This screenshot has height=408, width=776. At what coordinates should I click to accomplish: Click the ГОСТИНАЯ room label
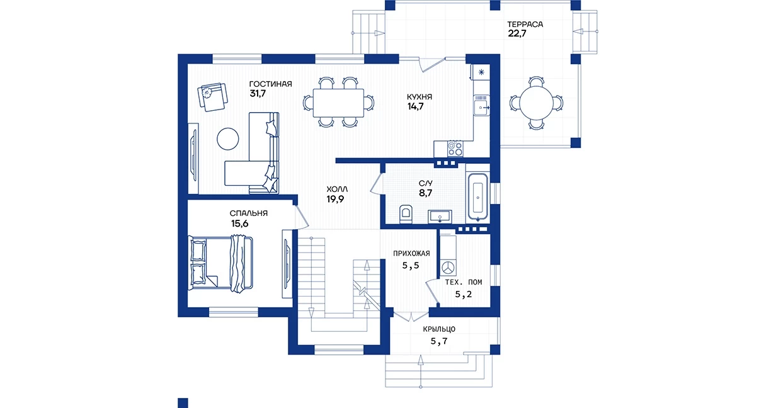pos(271,84)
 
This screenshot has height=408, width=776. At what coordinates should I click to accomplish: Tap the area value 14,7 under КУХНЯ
pos(415,106)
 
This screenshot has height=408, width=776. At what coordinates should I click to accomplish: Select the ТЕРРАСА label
pos(525,25)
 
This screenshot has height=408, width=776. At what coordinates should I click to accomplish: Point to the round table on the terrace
pos(536,103)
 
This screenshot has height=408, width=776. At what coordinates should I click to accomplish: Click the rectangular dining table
pos(338,103)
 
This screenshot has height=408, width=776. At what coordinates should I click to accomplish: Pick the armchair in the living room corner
pos(213,97)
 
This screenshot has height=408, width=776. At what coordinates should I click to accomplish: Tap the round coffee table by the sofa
pos(228,139)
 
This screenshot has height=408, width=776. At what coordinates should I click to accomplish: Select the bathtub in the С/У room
pos(478,198)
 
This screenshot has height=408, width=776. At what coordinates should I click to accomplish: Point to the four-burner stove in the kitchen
pos(455,149)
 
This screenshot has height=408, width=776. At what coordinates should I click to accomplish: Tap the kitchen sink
pos(482,105)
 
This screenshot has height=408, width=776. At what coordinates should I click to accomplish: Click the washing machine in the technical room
pos(448,268)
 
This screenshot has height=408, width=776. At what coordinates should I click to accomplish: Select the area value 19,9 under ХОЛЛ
pos(335,199)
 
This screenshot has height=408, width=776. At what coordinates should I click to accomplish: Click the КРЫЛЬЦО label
pos(439,329)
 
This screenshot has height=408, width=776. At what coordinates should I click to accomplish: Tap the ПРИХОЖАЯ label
pos(411,254)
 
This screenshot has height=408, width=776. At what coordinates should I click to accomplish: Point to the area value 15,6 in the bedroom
pos(240,224)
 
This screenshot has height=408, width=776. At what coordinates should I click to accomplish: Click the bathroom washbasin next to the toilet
pos(440,217)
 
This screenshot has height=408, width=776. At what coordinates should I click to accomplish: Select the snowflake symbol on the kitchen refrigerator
pos(481,72)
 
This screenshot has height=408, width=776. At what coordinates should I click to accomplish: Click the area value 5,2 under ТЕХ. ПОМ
pos(463,295)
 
